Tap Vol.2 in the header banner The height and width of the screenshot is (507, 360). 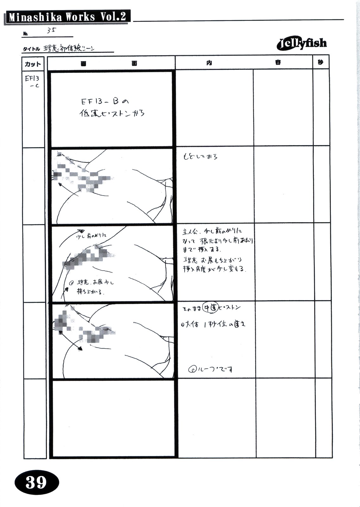tap(113, 16)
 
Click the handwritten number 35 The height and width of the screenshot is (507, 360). tap(51, 30)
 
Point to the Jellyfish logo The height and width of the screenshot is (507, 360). tap(302, 44)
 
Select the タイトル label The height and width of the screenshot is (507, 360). tap(31, 49)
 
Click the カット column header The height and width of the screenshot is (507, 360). tap(33, 64)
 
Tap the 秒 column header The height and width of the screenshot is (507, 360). tap(320, 62)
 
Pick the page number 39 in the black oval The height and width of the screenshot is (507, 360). tap(36, 483)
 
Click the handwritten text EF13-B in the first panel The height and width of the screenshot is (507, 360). tap(99, 102)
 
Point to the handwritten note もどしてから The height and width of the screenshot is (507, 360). tap(200, 157)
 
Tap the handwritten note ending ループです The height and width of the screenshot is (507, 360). tap(211, 369)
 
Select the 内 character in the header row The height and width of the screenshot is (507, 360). tap(209, 63)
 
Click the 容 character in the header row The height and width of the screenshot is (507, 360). tap(278, 63)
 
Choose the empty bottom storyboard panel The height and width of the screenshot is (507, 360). tap(113, 418)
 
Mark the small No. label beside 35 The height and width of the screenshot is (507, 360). tap(25, 33)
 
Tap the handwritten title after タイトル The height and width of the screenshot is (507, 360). tap(69, 49)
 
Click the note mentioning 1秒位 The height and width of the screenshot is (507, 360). tap(214, 324)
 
